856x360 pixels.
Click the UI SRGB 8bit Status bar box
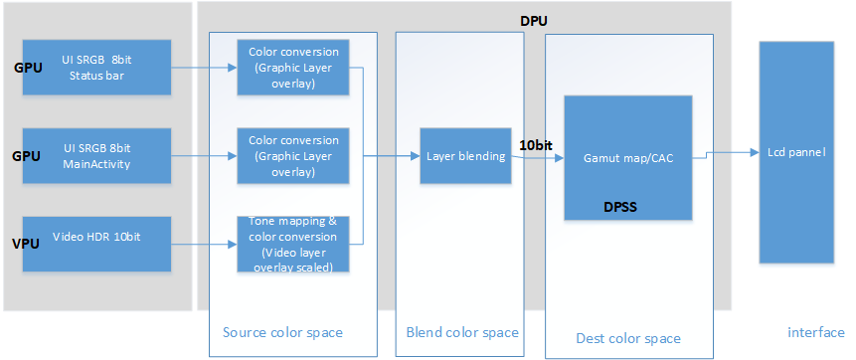point(96,68)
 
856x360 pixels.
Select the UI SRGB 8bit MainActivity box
point(96,156)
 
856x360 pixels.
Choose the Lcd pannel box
point(795,153)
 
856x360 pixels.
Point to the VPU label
point(25,244)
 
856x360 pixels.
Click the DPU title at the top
point(534,21)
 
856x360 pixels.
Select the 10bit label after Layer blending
point(537,145)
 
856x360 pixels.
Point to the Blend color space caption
point(462,332)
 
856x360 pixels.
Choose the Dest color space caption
point(628,338)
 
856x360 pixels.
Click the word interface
point(815,332)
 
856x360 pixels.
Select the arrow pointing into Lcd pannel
point(731,154)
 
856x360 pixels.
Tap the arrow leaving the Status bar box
point(204,68)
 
